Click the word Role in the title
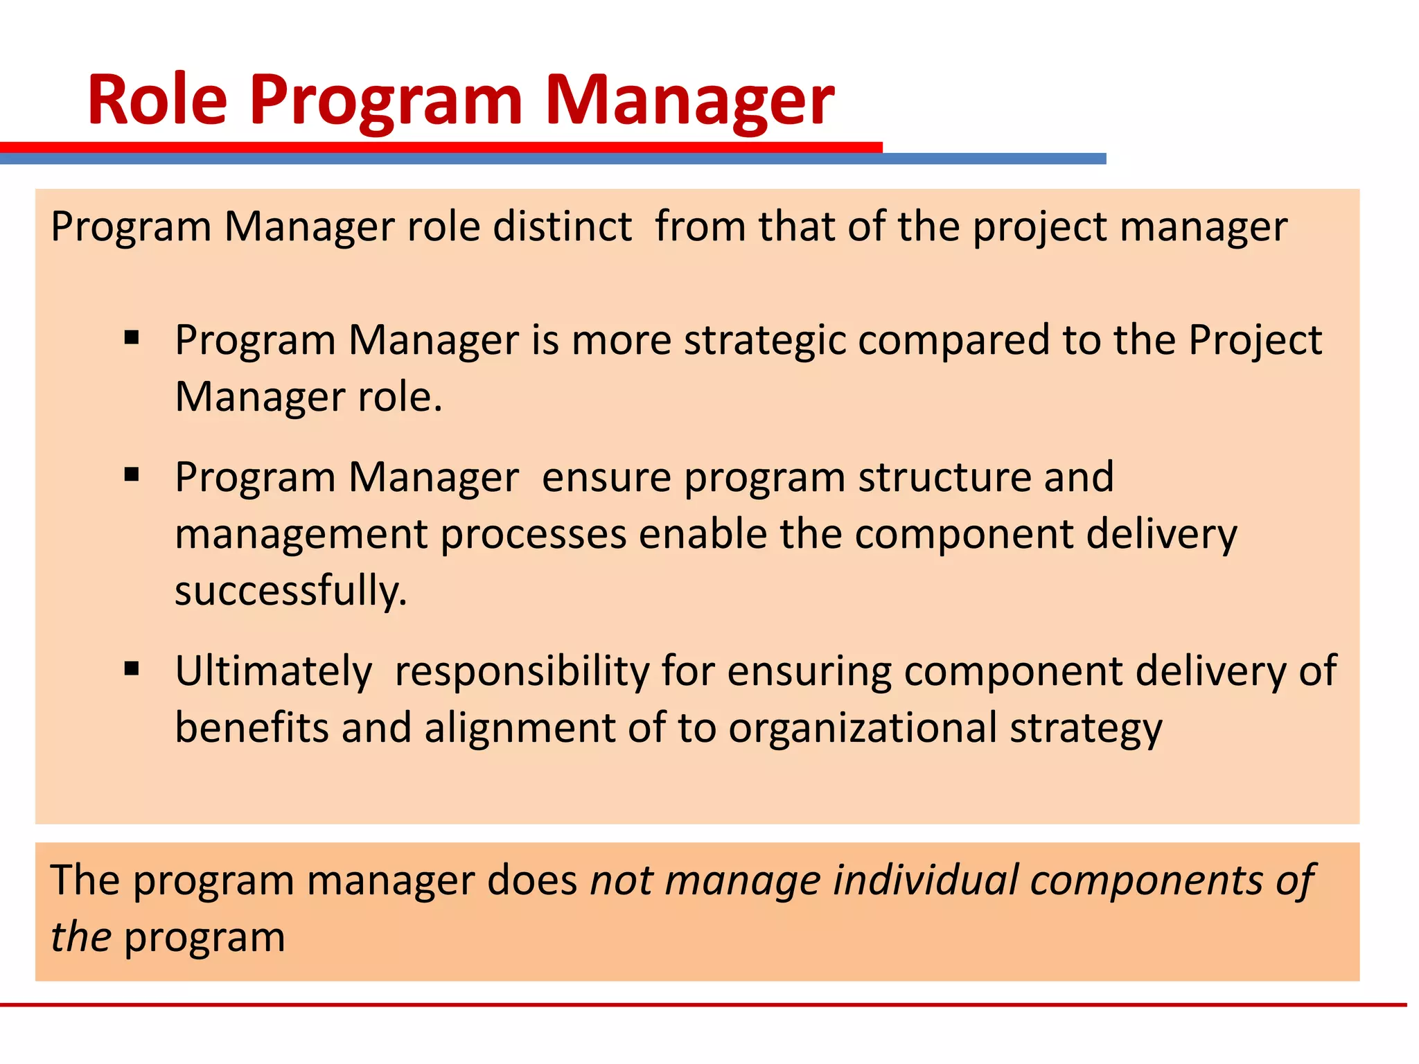(x=157, y=100)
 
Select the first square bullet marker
(x=132, y=339)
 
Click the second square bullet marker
(x=132, y=475)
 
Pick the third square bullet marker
(x=132, y=669)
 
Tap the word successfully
(x=290, y=591)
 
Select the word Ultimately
(x=274, y=671)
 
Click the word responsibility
(x=522, y=671)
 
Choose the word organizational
(x=863, y=728)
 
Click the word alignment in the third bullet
(x=520, y=729)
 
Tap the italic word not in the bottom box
(x=621, y=880)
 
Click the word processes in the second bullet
(x=534, y=534)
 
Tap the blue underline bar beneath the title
(x=991, y=159)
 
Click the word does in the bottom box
(x=532, y=880)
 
